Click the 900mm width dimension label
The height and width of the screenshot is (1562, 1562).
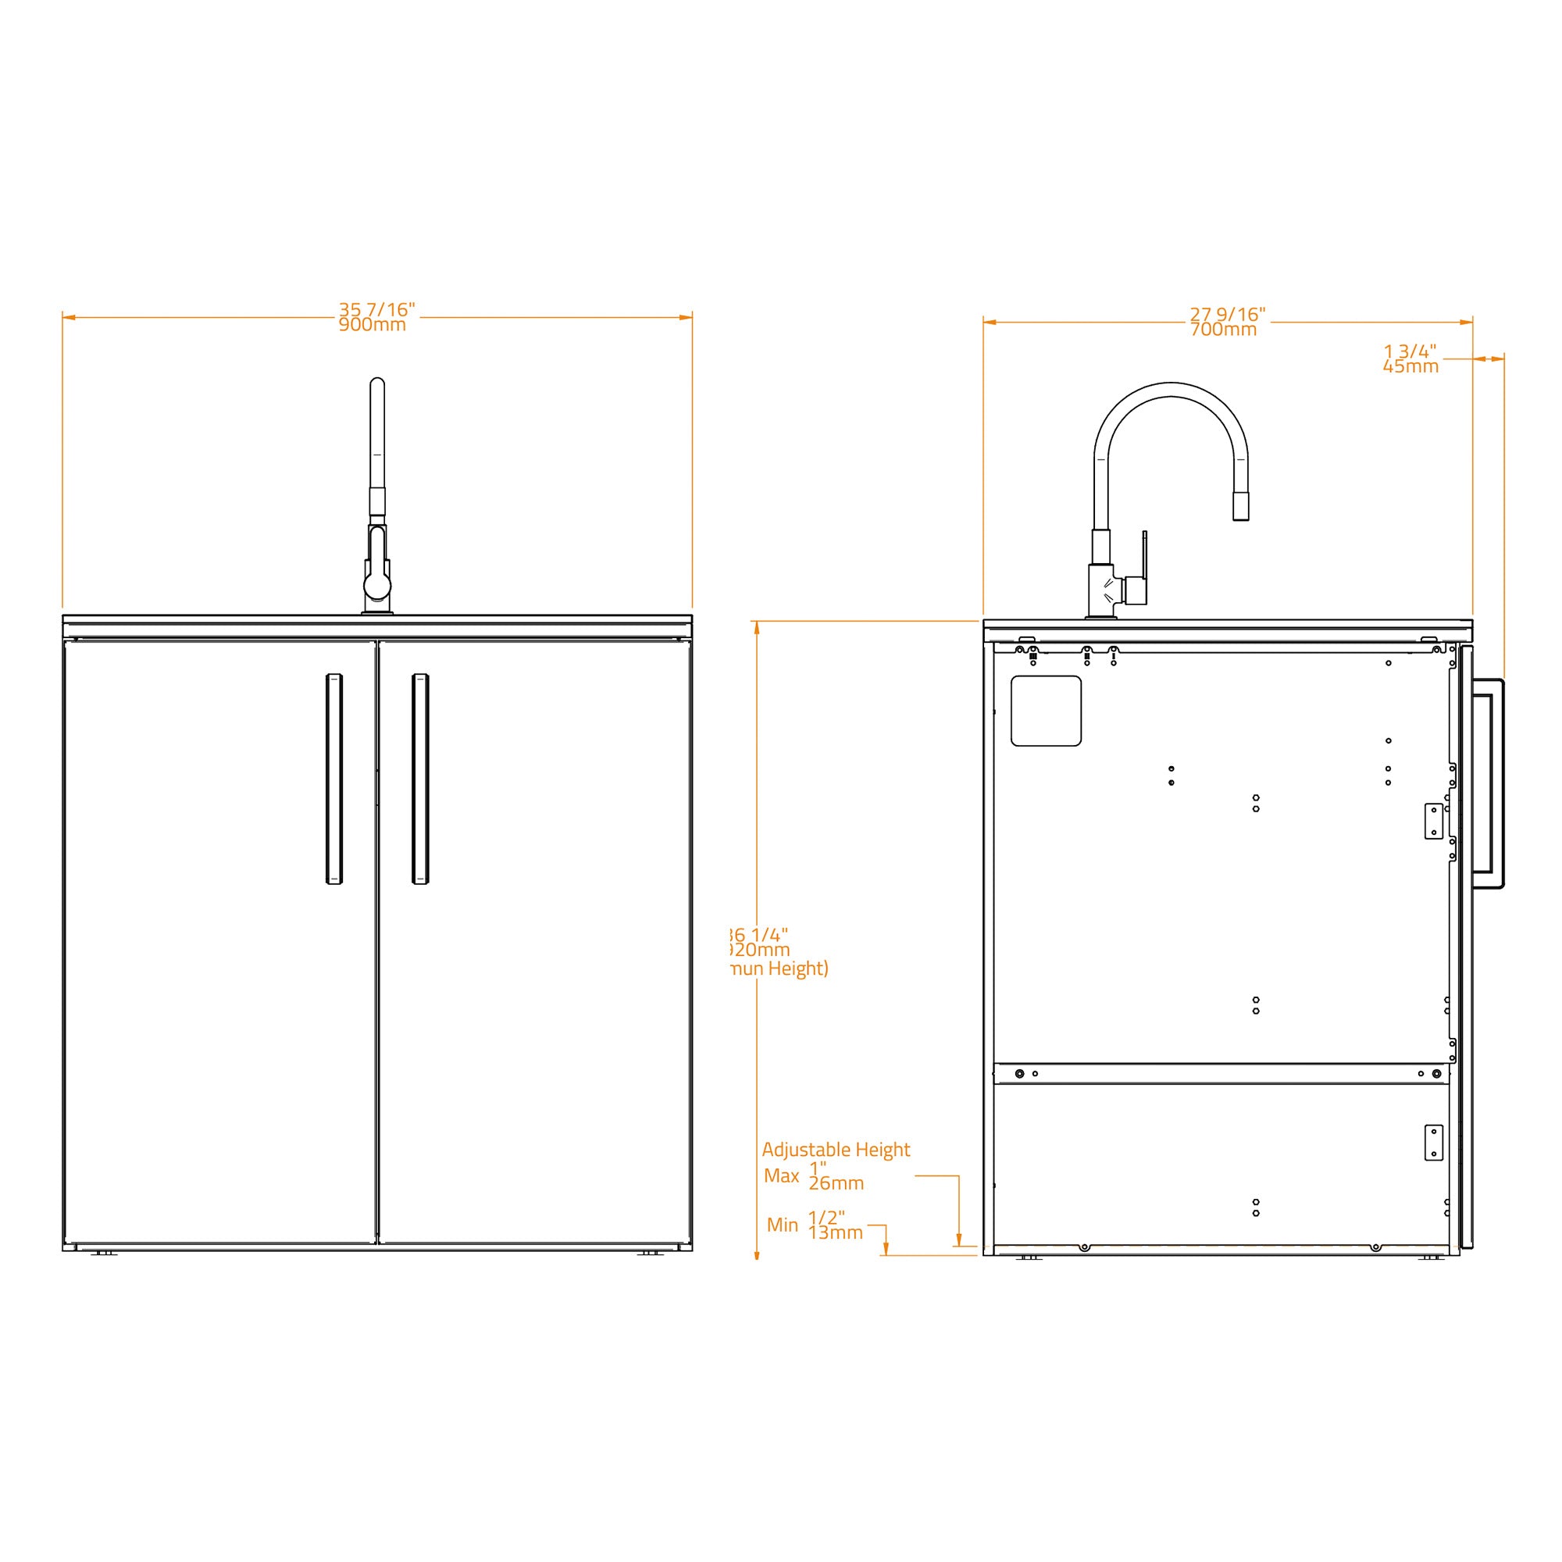pyautogui.click(x=372, y=325)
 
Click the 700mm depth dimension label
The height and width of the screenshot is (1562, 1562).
pyautogui.click(x=1223, y=330)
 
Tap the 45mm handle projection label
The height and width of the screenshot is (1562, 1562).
pyautogui.click(x=1410, y=366)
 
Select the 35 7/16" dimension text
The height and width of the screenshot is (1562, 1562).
pyautogui.click(x=376, y=309)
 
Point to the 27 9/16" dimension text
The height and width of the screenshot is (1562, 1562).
pyautogui.click(x=1227, y=315)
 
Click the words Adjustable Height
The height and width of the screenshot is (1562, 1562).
pyautogui.click(x=835, y=1149)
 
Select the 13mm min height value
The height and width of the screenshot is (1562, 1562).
pyautogui.click(x=835, y=1232)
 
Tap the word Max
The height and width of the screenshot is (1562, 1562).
pyautogui.click(x=781, y=1175)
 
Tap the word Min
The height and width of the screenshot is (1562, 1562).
pyautogui.click(x=782, y=1225)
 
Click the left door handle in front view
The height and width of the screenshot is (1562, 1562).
pyautogui.click(x=334, y=779)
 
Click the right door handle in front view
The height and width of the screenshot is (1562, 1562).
pyautogui.click(x=420, y=779)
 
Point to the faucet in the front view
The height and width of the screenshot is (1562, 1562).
pyautogui.click(x=377, y=501)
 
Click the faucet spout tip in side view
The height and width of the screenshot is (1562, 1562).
pyautogui.click(x=1240, y=508)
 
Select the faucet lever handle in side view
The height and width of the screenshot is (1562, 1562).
pyautogui.click(x=1143, y=566)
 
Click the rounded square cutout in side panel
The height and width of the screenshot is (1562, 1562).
pyautogui.click(x=1046, y=711)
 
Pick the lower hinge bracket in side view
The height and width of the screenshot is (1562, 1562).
pyautogui.click(x=1433, y=1143)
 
